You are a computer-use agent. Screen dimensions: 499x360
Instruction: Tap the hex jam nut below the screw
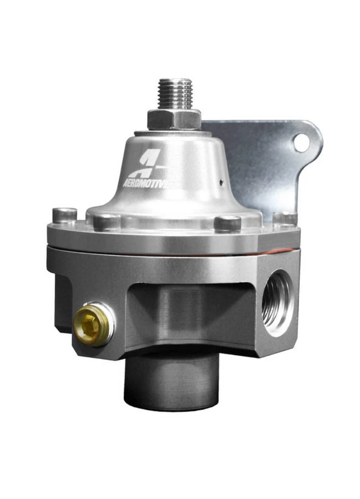(x=174, y=119)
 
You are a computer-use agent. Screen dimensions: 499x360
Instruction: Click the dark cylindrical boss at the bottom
(x=171, y=382)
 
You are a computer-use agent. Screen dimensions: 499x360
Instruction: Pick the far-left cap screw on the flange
(x=65, y=214)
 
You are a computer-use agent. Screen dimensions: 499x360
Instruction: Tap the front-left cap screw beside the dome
(x=106, y=222)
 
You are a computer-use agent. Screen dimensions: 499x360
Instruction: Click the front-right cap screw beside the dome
(x=228, y=223)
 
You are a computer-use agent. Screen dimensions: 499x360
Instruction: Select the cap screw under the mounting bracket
(x=285, y=218)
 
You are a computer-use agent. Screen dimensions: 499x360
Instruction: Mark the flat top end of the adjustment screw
(x=175, y=81)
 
